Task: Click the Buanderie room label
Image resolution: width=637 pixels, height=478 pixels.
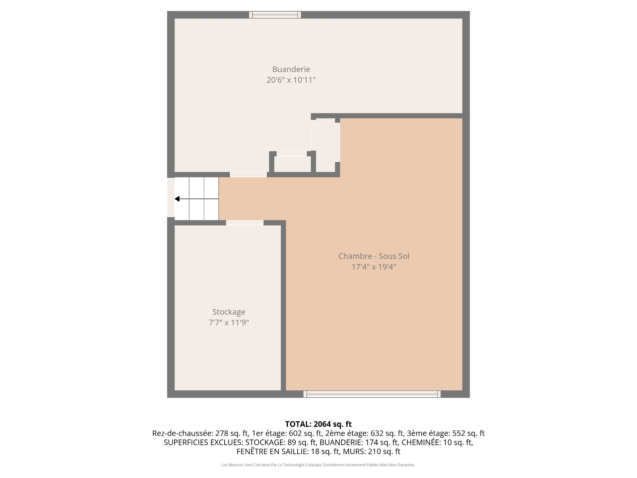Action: [x=291, y=69]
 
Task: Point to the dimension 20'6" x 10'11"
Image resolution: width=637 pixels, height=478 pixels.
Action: [x=291, y=80]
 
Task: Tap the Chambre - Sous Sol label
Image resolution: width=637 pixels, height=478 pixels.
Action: [x=374, y=256]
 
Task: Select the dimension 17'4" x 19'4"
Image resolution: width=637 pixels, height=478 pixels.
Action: [x=374, y=267]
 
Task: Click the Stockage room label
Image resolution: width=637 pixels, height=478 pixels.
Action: [x=229, y=312]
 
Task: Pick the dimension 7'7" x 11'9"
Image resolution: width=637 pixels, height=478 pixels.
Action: [x=229, y=323]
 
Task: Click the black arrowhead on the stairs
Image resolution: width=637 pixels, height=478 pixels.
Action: [x=177, y=199]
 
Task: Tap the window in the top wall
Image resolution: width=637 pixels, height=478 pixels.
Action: [x=275, y=15]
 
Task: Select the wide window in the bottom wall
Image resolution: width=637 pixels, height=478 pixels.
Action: [x=372, y=394]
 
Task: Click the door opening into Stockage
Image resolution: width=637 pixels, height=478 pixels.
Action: [x=245, y=223]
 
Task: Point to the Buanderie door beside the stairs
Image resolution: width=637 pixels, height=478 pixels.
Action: [x=248, y=175]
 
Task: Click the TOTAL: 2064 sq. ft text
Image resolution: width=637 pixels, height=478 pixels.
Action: [x=318, y=424]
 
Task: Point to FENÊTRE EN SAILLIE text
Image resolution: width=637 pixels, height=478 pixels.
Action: [x=272, y=451]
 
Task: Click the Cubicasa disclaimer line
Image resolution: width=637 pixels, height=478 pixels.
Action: [x=318, y=465]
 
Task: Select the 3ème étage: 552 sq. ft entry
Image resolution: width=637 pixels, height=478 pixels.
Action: [x=446, y=433]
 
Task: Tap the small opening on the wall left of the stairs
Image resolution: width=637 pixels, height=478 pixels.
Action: [x=171, y=198]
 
